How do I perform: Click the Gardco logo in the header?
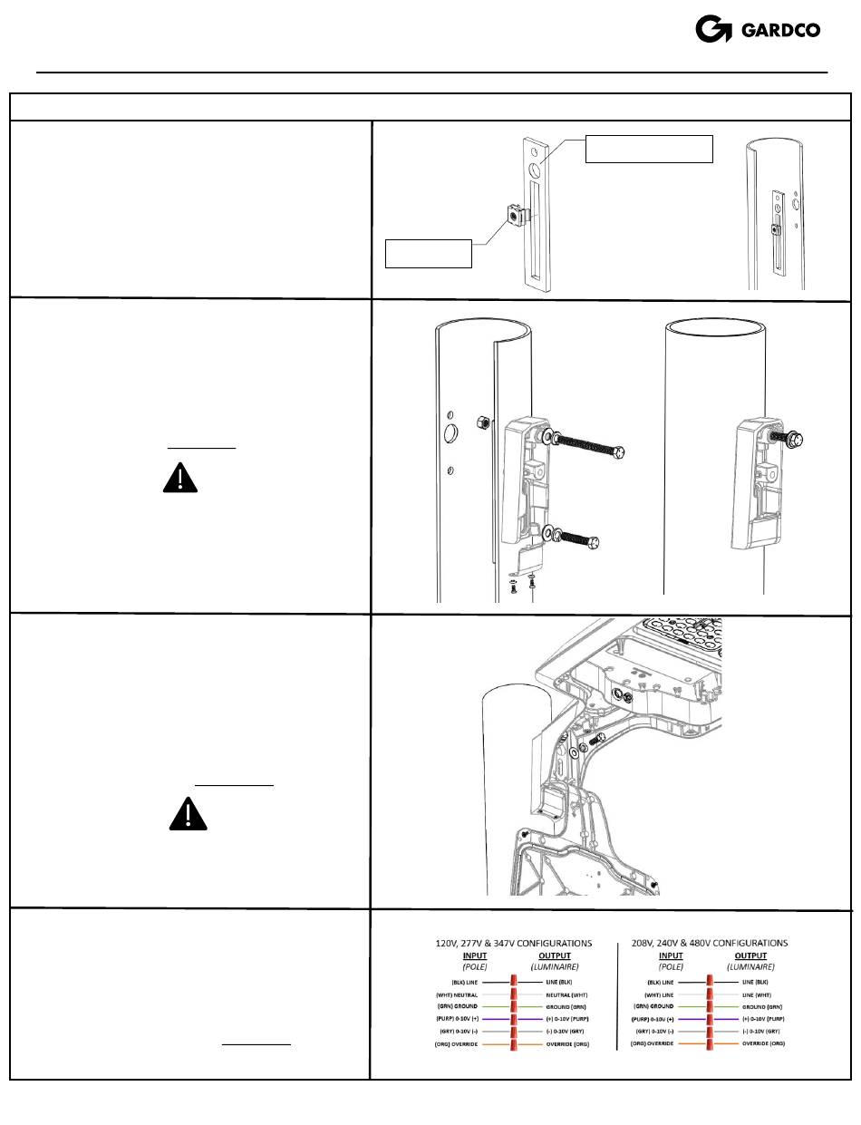pos(757,29)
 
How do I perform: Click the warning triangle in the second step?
pos(179,478)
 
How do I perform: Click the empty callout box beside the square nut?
pos(429,254)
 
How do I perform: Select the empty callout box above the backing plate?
pos(649,148)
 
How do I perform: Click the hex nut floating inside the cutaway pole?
pos(484,422)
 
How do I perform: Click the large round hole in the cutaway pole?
pos(449,435)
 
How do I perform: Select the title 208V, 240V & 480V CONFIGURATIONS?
pos(713,943)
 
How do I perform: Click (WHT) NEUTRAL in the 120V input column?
pos(457,994)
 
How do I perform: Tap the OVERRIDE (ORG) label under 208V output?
pos(763,1044)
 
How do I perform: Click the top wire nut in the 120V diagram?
pos(515,982)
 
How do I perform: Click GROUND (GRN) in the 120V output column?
pos(568,1006)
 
